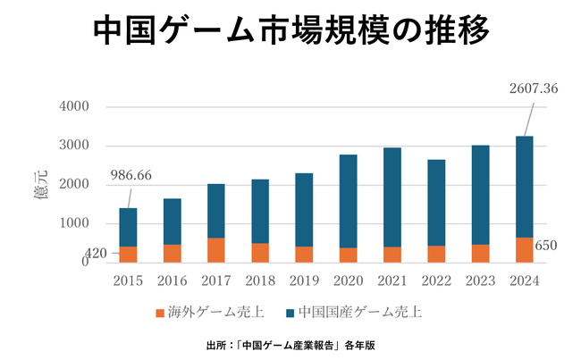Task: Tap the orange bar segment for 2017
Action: point(216,250)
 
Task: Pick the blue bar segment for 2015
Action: point(128,227)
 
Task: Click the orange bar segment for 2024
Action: point(524,249)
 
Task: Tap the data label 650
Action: point(547,246)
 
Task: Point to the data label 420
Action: point(96,254)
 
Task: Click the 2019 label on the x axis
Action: point(304,281)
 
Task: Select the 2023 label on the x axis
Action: point(480,281)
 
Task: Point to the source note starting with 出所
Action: point(290,344)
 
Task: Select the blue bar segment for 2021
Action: point(392,197)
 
